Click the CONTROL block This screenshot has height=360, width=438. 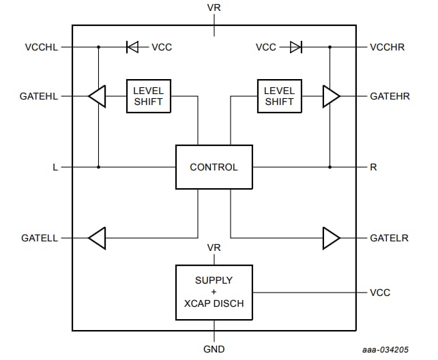pyautogui.click(x=214, y=167)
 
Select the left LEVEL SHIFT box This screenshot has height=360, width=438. pyautogui.click(x=148, y=96)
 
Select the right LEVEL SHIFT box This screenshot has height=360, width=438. pyautogui.click(x=279, y=96)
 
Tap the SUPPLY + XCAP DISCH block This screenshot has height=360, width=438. pyautogui.click(x=214, y=292)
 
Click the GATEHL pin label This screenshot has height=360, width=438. pyautogui.click(x=39, y=96)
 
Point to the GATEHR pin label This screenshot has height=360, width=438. pyautogui.click(x=390, y=96)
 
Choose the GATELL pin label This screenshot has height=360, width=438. pyautogui.click(x=40, y=238)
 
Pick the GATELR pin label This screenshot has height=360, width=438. pyautogui.click(x=389, y=238)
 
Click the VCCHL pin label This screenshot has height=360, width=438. pyautogui.click(x=42, y=47)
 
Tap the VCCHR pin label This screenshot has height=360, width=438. pyautogui.click(x=388, y=47)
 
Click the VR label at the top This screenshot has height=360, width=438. pyautogui.click(x=214, y=8)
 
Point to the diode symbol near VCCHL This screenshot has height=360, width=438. pyautogui.click(x=132, y=47)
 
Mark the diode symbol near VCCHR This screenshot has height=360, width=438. pyautogui.click(x=295, y=47)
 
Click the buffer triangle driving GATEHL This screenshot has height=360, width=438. pyautogui.click(x=98, y=96)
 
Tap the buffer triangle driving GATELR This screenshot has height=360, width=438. pyautogui.click(x=331, y=238)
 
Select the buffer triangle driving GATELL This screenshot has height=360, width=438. pyautogui.click(x=98, y=238)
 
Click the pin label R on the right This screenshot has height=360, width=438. pyautogui.click(x=373, y=167)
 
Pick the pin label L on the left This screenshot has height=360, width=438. pyautogui.click(x=55, y=167)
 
